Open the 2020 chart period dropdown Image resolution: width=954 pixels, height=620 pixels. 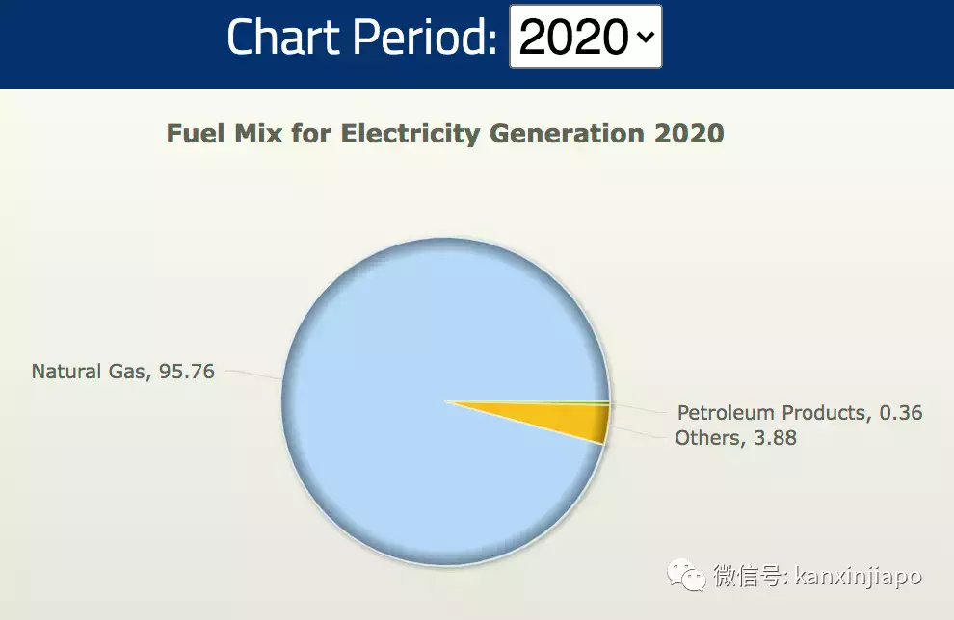(x=584, y=37)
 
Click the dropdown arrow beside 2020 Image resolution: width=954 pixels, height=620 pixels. (x=644, y=38)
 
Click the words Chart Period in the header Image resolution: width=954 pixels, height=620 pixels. (x=361, y=37)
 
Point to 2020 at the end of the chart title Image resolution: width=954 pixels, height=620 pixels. (x=688, y=133)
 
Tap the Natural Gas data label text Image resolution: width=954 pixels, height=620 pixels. (x=90, y=372)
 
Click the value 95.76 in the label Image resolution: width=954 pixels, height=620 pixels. (x=187, y=372)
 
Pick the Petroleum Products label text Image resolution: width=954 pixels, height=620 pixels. (x=771, y=413)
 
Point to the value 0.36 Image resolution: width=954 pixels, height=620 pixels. (x=900, y=413)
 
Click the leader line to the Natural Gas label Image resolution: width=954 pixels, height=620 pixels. (x=252, y=374)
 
